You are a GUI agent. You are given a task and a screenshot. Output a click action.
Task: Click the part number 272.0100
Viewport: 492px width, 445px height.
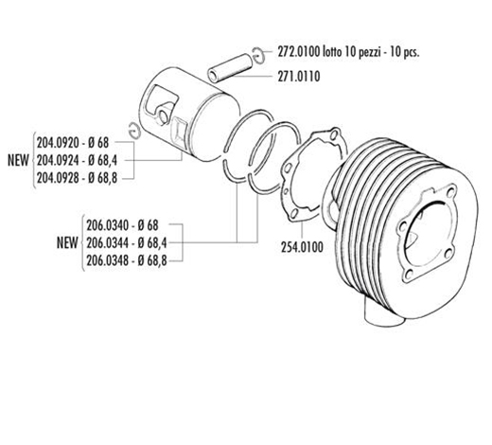coord(298,52)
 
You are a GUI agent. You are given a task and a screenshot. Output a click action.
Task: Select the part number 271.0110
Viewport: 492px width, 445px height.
coord(299,77)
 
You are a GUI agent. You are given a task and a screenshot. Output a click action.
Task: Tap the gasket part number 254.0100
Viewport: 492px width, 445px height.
coord(302,247)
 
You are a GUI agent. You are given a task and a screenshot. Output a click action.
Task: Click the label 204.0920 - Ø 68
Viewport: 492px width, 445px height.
coord(73,143)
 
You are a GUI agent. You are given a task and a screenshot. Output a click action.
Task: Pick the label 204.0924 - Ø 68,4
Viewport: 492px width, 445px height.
coord(77,161)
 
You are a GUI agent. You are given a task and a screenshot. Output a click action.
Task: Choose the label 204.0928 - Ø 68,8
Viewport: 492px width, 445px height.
coord(77,178)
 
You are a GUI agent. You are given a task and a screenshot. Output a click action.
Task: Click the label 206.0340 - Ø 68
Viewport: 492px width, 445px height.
coord(122,225)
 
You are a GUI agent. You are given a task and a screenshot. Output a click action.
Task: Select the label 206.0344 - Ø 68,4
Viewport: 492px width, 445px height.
coord(127,243)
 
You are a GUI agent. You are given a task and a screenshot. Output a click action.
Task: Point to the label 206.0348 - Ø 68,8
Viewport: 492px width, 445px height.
coord(127,260)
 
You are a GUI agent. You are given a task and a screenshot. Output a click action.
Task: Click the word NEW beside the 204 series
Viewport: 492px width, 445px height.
coord(18,161)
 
